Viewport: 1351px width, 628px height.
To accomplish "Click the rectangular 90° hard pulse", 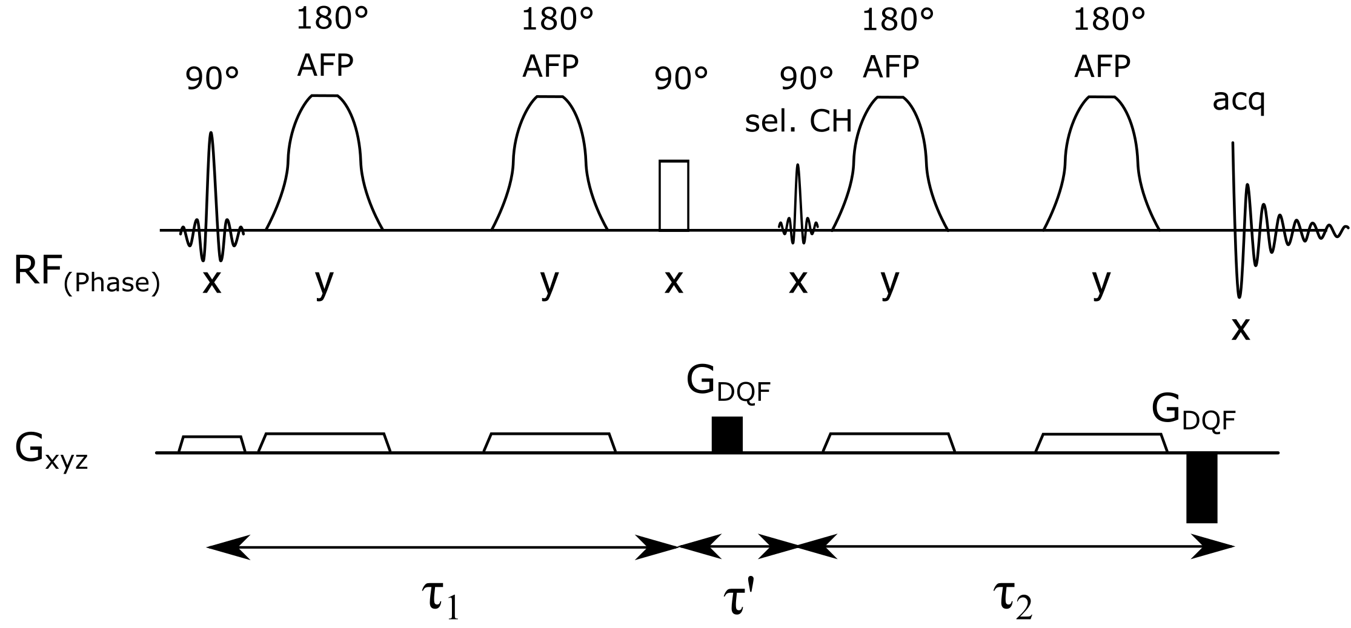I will (674, 196).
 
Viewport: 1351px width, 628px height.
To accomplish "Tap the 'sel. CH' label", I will (798, 122).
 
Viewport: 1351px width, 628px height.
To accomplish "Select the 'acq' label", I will (1239, 101).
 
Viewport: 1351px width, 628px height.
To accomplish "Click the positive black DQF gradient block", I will (726, 434).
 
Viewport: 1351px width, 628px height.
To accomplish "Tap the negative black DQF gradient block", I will (1201, 487).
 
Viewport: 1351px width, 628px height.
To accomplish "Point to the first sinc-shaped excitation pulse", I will (211, 200).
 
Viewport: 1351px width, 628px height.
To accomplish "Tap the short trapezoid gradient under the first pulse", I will (212, 444).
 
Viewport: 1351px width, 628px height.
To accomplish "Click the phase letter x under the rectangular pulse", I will (674, 282).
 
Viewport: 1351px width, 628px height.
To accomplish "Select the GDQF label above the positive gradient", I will (728, 383).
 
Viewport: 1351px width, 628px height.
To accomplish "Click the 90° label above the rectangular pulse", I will (681, 79).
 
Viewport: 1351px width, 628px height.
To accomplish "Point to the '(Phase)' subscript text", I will (112, 284).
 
